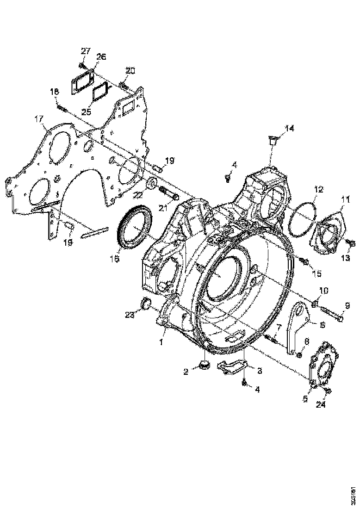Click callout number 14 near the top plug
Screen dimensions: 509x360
(289, 128)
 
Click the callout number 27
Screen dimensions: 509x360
(86, 51)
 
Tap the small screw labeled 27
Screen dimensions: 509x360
(82, 67)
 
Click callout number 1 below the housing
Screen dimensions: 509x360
(162, 343)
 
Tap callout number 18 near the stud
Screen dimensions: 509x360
(55, 93)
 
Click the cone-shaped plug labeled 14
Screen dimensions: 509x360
(272, 141)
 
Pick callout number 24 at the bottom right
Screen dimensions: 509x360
(321, 404)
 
